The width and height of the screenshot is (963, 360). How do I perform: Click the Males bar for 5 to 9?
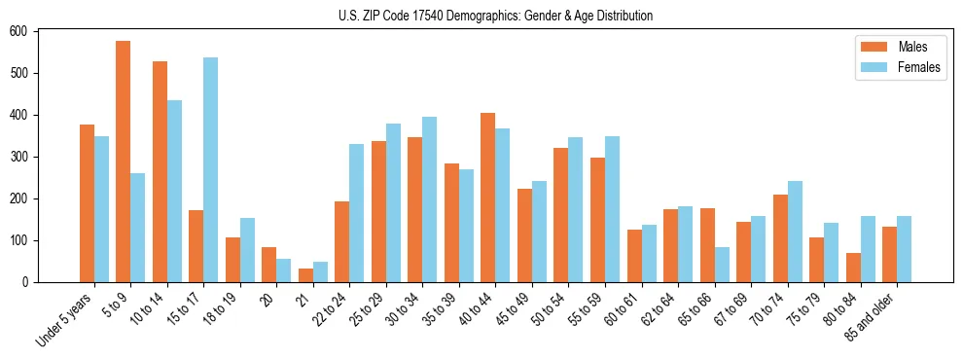(124, 162)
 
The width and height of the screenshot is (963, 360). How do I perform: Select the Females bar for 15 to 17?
(211, 169)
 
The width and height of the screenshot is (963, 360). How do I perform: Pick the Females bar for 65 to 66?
(722, 265)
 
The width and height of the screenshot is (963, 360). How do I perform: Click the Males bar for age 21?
(305, 275)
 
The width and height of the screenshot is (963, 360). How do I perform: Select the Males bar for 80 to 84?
(853, 268)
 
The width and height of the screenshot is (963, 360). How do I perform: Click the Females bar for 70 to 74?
(795, 232)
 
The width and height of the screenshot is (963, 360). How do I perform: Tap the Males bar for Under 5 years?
(87, 203)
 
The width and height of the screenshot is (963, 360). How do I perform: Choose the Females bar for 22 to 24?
(357, 213)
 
